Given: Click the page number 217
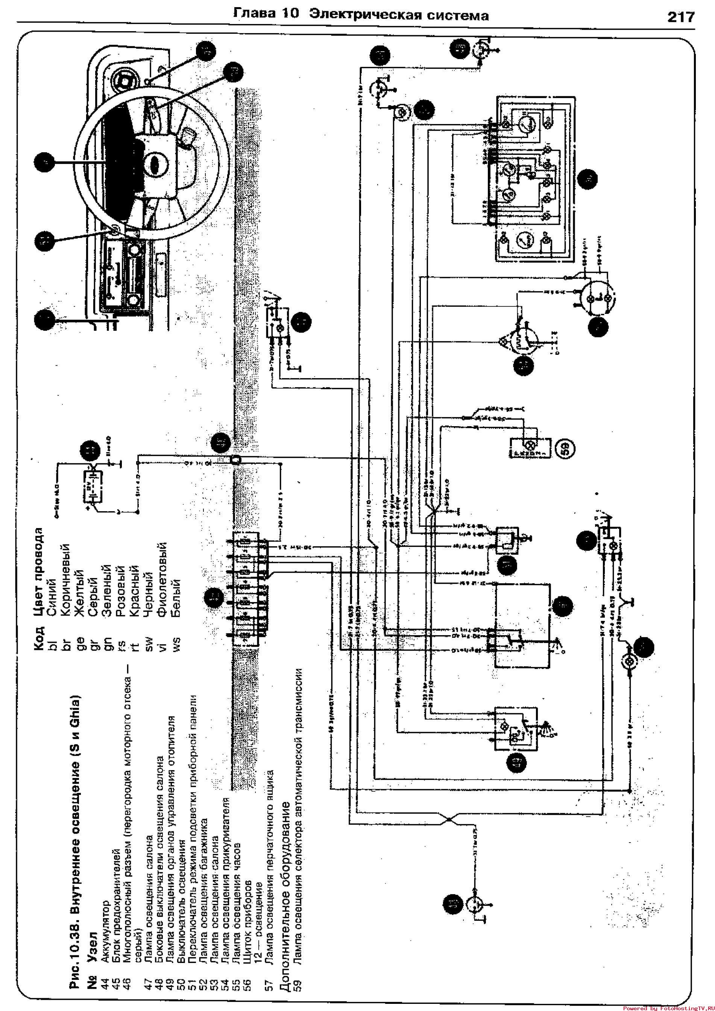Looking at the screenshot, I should click(681, 17).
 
